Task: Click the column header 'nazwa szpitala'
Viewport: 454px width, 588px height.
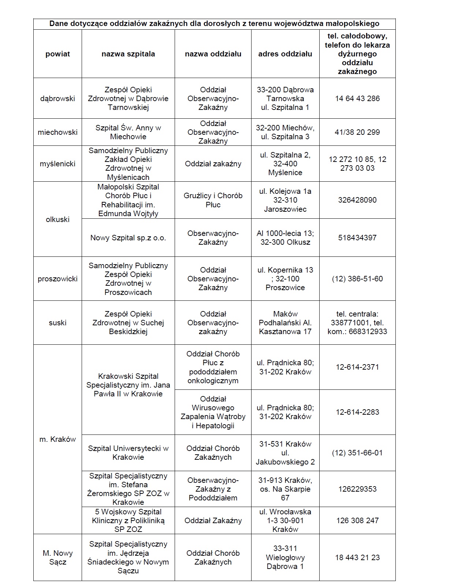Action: point(128,54)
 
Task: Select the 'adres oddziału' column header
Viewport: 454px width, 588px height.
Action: point(285,54)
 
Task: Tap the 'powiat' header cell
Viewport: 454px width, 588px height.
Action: point(57,54)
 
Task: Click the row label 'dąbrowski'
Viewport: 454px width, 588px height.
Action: point(57,99)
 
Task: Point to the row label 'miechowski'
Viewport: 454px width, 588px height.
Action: point(57,132)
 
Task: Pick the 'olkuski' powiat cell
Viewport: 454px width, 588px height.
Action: point(57,219)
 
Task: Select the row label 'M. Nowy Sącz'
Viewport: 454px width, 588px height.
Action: point(57,557)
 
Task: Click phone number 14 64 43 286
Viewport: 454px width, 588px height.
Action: point(357,99)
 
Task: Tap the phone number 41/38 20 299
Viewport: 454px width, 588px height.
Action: point(357,132)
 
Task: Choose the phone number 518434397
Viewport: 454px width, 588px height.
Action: point(357,238)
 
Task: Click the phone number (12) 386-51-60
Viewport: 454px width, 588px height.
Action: point(357,279)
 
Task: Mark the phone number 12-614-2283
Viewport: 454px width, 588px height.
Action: point(357,412)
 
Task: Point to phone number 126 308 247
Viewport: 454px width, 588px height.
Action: point(357,521)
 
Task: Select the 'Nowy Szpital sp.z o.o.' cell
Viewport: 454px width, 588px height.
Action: point(128,238)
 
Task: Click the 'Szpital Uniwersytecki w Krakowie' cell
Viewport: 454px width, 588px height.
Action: point(128,453)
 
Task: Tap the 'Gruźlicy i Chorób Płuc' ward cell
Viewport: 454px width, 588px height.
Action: point(213,200)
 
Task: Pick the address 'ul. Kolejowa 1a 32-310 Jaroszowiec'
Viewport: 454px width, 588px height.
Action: point(285,200)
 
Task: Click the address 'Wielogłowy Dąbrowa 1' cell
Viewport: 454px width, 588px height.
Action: point(285,557)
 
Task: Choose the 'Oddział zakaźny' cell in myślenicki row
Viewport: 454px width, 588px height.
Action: point(213,164)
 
